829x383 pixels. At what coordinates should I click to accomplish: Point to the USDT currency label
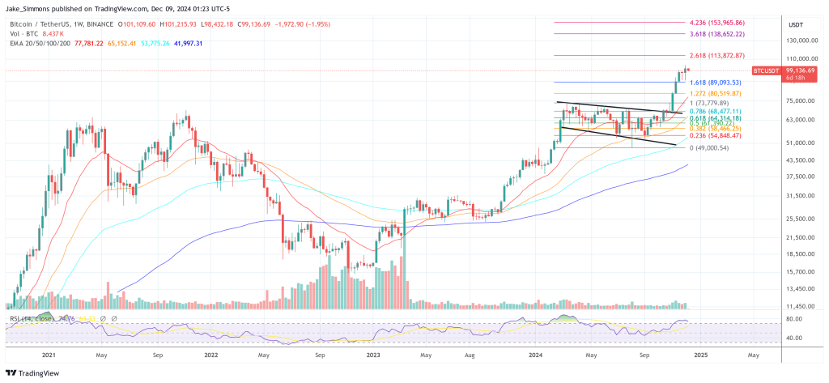(x=796, y=24)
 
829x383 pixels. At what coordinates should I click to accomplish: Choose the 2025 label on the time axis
(x=702, y=354)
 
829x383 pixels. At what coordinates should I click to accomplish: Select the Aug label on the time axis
(x=470, y=354)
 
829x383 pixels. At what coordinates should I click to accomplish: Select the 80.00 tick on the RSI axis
(x=795, y=318)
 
